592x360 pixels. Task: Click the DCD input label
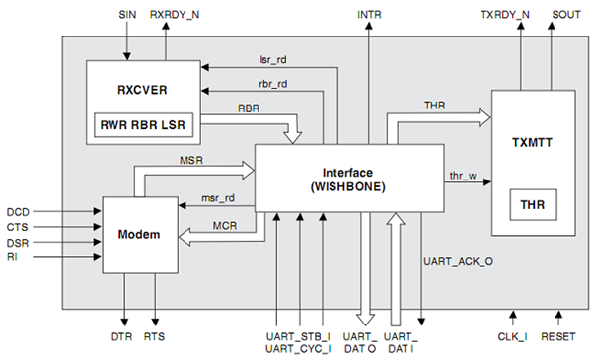(x=18, y=211)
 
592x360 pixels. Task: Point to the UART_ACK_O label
(x=459, y=264)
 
